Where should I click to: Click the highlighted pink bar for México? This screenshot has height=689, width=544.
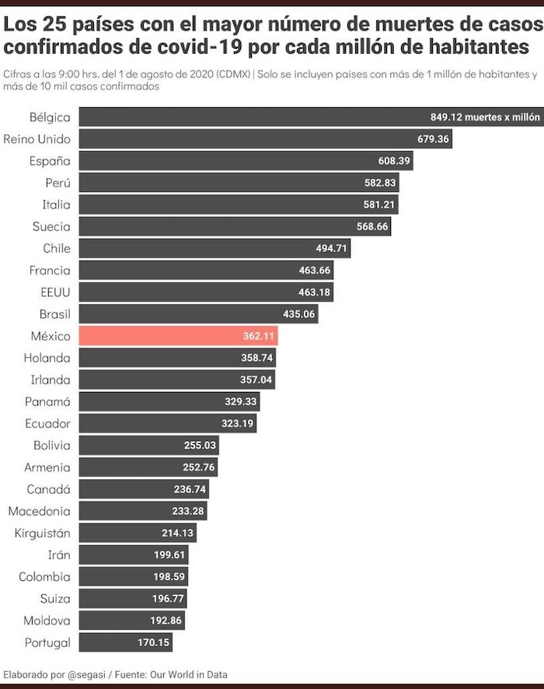point(179,336)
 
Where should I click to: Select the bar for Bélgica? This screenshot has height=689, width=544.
point(311,117)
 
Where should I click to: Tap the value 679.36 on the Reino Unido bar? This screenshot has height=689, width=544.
point(434,139)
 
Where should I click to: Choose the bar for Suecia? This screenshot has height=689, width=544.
point(233,226)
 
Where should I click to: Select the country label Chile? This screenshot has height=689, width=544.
point(57,248)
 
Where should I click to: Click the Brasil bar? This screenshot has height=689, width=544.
point(198,314)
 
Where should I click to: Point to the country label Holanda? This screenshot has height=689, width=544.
point(47,358)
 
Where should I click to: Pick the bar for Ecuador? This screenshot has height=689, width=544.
point(167,424)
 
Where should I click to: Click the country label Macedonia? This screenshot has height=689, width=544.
point(39,511)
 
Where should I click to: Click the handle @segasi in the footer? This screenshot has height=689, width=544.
point(85,674)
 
